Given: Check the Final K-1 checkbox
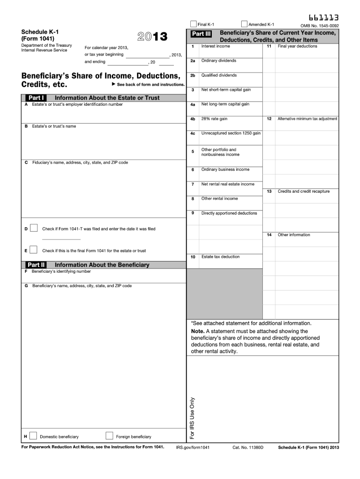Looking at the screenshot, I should (194, 24).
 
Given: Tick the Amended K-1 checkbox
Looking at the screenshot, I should (244, 24).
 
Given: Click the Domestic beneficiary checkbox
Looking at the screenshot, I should (33, 436).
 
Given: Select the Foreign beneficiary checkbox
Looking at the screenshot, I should (109, 436).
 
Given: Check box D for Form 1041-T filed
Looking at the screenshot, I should (33, 228).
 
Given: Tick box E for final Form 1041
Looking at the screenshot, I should (33, 250).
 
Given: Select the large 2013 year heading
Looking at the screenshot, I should (152, 37).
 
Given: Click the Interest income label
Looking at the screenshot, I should (216, 46).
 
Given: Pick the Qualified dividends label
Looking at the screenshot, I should (219, 75).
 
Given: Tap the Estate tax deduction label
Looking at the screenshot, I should (220, 257).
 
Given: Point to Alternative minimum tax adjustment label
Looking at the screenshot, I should (307, 119).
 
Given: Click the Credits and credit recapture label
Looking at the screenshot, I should (303, 191).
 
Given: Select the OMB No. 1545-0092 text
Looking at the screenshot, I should (320, 26).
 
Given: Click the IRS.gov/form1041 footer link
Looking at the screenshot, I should (193, 448).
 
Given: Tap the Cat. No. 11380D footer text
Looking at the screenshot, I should (248, 448).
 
